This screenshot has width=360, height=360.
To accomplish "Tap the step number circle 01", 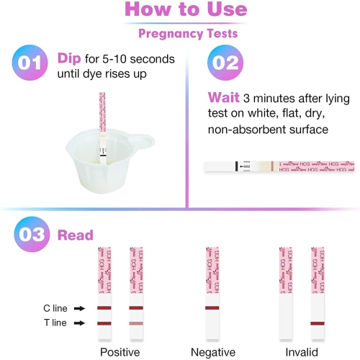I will (30, 63).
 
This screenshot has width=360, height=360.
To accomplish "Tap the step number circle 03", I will (30, 235).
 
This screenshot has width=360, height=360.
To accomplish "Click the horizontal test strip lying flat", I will (279, 167).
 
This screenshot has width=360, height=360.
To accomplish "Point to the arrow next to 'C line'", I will (80, 308).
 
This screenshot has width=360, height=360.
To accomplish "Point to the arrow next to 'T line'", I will (80, 323).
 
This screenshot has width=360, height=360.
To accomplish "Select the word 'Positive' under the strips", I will (119, 351).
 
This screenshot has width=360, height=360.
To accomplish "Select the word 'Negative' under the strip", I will (213, 351).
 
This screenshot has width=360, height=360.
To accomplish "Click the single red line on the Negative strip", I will (213, 308).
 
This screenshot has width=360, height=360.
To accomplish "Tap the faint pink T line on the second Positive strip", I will (137, 323).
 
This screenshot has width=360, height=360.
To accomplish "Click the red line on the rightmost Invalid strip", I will (319, 323).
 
